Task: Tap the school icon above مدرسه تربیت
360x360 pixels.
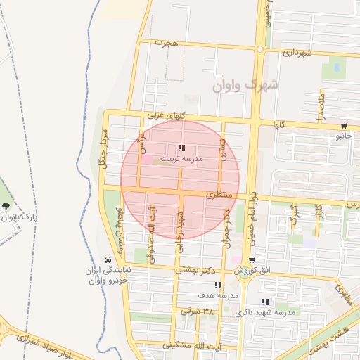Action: pos(181,148)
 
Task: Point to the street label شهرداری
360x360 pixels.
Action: pos(297,52)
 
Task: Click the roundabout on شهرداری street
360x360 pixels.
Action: pos(260,49)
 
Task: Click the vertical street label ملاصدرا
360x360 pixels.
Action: pos(321,106)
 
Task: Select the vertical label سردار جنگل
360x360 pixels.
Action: pos(103,148)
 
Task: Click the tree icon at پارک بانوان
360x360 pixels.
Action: pos(6,206)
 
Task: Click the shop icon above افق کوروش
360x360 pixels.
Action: pos(251,260)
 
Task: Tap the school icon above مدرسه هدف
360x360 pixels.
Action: pos(218,285)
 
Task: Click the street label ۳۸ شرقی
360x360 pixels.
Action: pos(196,310)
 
